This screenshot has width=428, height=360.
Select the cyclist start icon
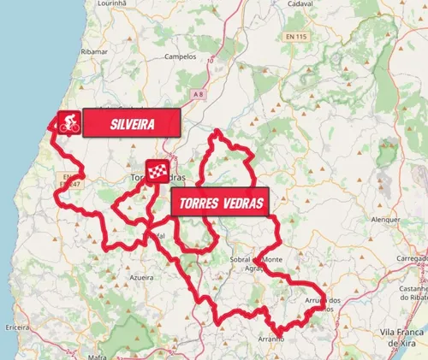click(x=68, y=123)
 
